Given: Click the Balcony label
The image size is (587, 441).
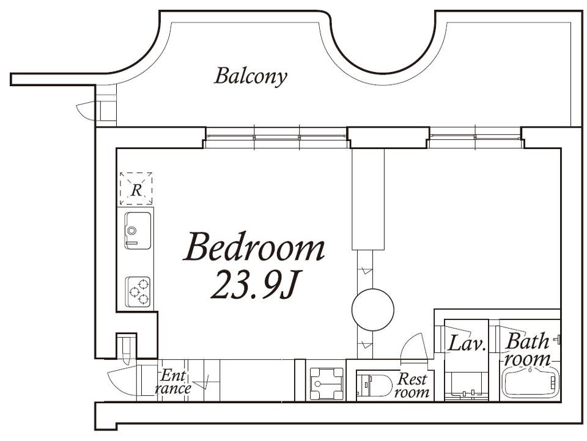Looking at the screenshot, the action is [251, 76].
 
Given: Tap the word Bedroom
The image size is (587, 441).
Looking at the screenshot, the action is [254, 247].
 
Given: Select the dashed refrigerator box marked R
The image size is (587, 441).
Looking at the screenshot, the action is [136, 189].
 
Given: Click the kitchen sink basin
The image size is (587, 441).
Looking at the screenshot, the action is [138, 230].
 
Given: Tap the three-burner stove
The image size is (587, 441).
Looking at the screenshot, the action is [138, 292].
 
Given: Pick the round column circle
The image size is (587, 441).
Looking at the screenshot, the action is [373, 309].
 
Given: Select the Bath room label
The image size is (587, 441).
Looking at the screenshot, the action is [527, 350].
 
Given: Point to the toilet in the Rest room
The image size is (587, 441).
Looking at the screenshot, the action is [374, 384].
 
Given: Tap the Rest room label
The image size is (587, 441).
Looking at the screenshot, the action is [412, 385].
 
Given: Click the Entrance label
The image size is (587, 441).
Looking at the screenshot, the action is [173, 382].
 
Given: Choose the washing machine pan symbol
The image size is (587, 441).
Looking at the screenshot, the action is [327, 384].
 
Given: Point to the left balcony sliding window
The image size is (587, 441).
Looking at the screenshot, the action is [277, 137].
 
